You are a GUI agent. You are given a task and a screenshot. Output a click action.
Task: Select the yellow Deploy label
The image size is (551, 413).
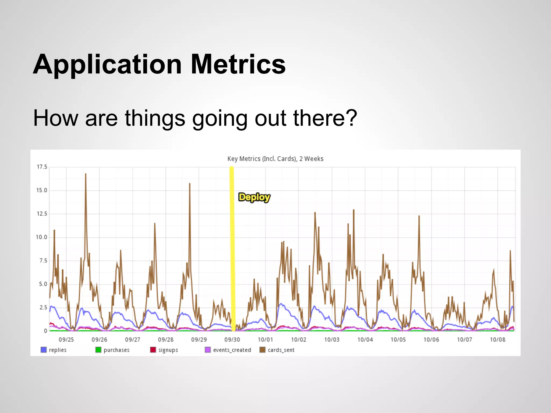point(254,197)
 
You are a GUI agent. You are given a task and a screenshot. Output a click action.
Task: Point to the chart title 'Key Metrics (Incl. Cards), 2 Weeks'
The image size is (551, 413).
point(275,159)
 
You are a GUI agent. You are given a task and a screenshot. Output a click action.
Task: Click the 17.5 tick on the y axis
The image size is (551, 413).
point(42,167)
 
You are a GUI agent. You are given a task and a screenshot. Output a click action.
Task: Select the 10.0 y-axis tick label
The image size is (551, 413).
point(41,237)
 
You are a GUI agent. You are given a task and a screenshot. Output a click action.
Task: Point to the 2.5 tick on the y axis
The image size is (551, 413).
point(43,307)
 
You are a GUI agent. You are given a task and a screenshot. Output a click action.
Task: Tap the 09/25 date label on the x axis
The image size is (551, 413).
point(66,340)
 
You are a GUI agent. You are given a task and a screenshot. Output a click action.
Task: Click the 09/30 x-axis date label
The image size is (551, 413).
point(232,340)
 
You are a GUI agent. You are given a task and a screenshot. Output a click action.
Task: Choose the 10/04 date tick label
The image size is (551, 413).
point(365,340)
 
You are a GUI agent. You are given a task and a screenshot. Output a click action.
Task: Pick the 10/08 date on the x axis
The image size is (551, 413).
point(497,340)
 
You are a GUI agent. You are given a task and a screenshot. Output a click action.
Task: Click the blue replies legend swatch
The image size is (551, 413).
point(44,350)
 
